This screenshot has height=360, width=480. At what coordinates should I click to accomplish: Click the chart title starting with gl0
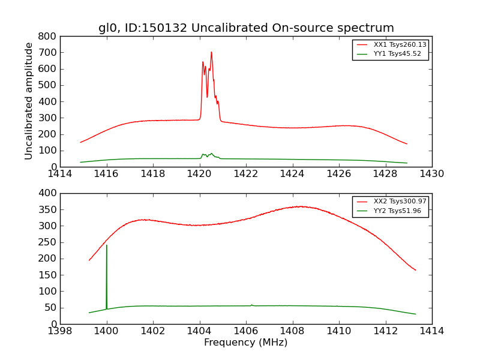[246, 28]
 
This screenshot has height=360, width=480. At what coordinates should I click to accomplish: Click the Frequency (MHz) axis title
[246, 343]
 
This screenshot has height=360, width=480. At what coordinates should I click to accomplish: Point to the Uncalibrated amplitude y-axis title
[29, 101]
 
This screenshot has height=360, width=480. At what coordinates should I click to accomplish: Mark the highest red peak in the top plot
[211, 52]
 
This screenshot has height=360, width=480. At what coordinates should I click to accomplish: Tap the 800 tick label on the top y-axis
[49, 36]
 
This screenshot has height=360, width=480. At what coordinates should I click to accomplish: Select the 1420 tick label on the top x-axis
[200, 174]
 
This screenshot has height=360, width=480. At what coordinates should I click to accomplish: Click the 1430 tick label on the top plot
[431, 174]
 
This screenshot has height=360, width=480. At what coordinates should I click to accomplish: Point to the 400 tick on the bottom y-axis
[49, 193]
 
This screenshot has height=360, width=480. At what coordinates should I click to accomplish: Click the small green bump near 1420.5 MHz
[211, 154]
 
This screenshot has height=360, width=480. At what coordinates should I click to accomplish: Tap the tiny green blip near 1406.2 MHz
[251, 305]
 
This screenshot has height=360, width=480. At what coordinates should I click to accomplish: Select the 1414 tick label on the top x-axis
[61, 174]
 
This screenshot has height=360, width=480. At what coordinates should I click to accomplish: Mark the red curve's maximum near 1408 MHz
[300, 206]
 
